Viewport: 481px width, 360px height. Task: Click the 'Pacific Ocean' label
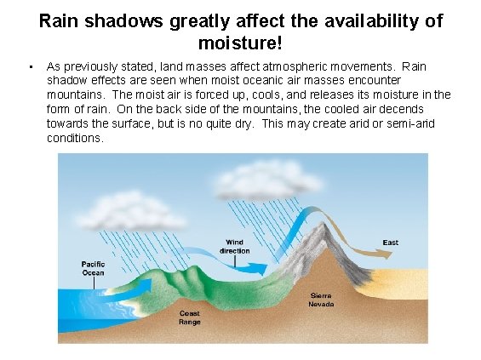pyautogui.click(x=93, y=268)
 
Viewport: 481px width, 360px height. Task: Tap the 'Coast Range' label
pyautogui.click(x=190, y=317)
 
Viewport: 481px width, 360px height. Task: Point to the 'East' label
pyautogui.click(x=390, y=243)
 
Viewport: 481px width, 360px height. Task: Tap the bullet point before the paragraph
pyautogui.click(x=28, y=66)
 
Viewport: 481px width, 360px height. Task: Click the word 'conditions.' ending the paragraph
pyautogui.click(x=75, y=139)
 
